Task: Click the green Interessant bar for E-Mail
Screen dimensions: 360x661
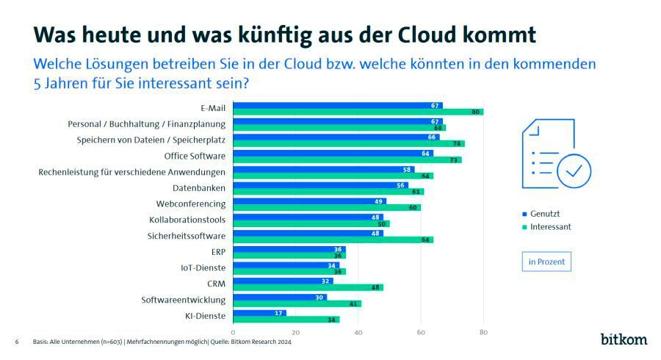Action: pyautogui.click(x=358, y=112)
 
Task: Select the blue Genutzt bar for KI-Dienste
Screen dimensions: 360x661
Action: pyautogui.click(x=259, y=313)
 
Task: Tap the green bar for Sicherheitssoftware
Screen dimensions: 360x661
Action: pyautogui.click(x=333, y=240)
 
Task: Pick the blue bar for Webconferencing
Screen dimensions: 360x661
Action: pyautogui.click(x=309, y=201)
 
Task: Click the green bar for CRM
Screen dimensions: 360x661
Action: pyautogui.click(x=308, y=287)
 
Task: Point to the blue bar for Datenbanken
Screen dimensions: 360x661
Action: pyautogui.click(x=320, y=185)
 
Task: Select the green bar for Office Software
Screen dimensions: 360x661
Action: pyautogui.click(x=347, y=160)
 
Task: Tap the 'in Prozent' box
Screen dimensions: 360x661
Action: pyautogui.click(x=546, y=261)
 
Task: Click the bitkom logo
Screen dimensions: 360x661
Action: pyautogui.click(x=624, y=339)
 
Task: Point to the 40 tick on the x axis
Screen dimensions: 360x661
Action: pyautogui.click(x=358, y=333)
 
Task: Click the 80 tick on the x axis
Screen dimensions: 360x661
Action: pyautogui.click(x=483, y=333)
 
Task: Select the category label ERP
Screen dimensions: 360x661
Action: pyautogui.click(x=218, y=251)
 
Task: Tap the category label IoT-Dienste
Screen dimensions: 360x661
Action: pyautogui.click(x=205, y=267)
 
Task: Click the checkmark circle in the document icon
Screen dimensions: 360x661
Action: pyautogui.click(x=574, y=171)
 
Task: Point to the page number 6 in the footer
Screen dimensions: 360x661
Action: pyautogui.click(x=17, y=342)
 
